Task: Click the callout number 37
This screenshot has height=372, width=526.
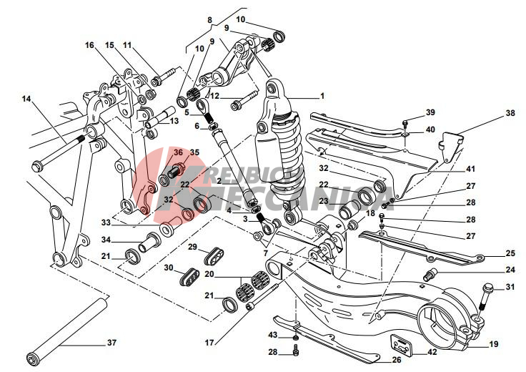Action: pyautogui.click(x=111, y=343)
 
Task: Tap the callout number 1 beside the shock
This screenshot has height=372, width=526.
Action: pyautogui.click(x=322, y=96)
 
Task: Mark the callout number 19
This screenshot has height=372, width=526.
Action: pyautogui.click(x=493, y=344)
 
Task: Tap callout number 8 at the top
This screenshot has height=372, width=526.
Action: pyautogui.click(x=209, y=21)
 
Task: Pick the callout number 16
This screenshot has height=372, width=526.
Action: pyautogui.click(x=90, y=45)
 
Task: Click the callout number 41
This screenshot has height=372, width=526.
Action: pyautogui.click(x=470, y=169)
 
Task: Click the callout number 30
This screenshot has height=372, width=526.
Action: pyautogui.click(x=169, y=268)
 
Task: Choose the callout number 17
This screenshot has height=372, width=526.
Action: pyautogui.click(x=208, y=342)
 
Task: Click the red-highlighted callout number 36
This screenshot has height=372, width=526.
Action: pyautogui.click(x=178, y=152)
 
